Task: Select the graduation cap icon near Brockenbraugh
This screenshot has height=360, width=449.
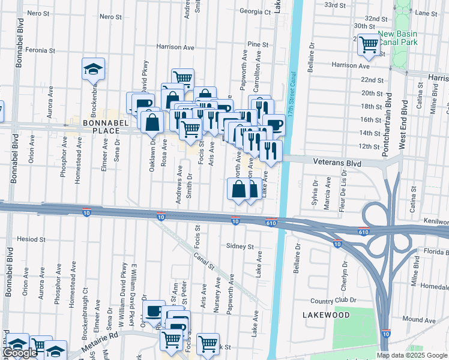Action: tap(94, 69)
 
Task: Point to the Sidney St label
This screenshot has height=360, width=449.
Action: tap(240, 246)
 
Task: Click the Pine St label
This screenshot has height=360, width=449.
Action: tap(258, 44)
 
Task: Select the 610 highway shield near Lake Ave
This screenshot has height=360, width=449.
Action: tap(271, 223)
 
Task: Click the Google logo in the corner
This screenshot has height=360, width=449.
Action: tap(20, 353)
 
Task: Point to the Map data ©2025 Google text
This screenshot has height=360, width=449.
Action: tap(412, 355)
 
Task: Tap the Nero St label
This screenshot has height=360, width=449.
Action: tap(37, 13)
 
